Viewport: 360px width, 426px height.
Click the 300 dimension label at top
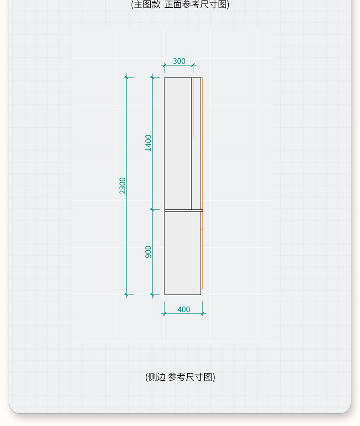(x=179, y=61)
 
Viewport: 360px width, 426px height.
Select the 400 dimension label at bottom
(x=184, y=310)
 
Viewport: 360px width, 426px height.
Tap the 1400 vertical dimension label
(x=149, y=143)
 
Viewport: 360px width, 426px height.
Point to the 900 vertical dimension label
(x=149, y=252)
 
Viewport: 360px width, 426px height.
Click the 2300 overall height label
(x=123, y=186)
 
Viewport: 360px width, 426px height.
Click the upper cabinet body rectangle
(x=178, y=143)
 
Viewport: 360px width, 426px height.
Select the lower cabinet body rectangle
(x=182, y=253)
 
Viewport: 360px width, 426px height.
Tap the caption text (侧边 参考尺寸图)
(x=180, y=377)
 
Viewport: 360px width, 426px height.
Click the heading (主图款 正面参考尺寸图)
(x=180, y=5)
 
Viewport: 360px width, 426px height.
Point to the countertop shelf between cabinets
(x=183, y=210)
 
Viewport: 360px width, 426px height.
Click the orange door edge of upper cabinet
(x=193, y=107)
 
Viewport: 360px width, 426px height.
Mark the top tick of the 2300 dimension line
(x=127, y=78)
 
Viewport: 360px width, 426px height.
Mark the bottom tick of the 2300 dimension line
(x=127, y=295)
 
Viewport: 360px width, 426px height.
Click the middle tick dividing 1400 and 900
(x=152, y=210)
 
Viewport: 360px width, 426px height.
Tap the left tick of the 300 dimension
(x=165, y=65)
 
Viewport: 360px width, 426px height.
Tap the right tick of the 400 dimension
(x=202, y=314)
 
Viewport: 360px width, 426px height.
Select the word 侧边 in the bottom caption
(x=157, y=377)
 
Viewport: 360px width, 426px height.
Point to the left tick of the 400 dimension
(x=165, y=314)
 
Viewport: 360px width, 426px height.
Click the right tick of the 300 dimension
(x=193, y=65)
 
